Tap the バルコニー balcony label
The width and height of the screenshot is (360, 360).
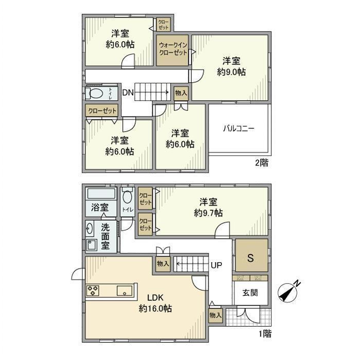tap(238, 128)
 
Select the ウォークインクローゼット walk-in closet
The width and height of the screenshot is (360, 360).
tap(173, 50)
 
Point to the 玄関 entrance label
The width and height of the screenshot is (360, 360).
tap(250, 293)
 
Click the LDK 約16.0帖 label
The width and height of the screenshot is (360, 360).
tap(155, 303)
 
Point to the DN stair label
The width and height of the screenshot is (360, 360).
tap(128, 93)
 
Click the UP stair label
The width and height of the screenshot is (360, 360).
tap(217, 265)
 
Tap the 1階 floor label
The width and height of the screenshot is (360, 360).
tap(264, 334)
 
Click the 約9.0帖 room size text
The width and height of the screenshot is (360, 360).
tap(231, 73)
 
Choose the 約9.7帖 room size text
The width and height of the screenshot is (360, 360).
tap(208, 212)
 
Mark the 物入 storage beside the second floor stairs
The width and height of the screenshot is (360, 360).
tap(181, 93)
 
